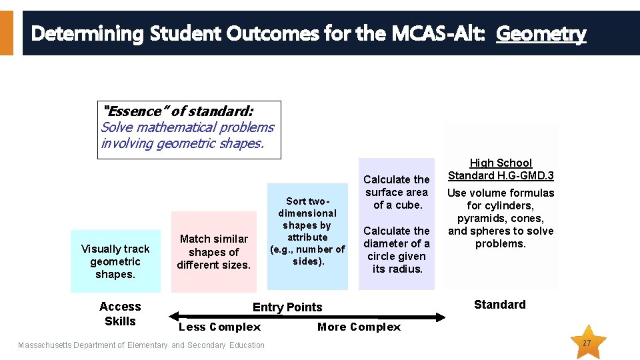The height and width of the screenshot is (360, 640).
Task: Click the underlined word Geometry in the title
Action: [541, 33]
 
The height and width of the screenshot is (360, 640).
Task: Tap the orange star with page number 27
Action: [587, 342]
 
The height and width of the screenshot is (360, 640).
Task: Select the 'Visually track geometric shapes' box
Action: [115, 261]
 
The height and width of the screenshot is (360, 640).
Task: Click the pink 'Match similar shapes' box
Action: [213, 252]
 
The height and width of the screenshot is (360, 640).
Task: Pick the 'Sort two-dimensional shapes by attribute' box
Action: [307, 231]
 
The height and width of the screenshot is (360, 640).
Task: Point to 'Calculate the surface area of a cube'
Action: [396, 192]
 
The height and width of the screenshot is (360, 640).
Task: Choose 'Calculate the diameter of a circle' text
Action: [396, 250]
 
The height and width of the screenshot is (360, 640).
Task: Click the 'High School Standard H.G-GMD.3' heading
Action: [501, 169]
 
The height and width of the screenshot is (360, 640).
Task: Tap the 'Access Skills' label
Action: [120, 314]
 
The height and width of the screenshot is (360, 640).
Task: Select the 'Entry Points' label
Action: [287, 307]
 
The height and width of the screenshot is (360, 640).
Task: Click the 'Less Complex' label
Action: [220, 327]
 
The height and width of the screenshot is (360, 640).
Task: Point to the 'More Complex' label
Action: [359, 327]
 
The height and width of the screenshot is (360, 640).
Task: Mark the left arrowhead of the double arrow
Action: [175, 316]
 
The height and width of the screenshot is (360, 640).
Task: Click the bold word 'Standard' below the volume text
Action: [499, 305]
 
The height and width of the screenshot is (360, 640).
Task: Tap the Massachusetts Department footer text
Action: [141, 345]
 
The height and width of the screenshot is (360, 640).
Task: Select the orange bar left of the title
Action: [6, 33]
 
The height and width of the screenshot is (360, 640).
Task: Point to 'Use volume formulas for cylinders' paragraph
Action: [501, 218]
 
